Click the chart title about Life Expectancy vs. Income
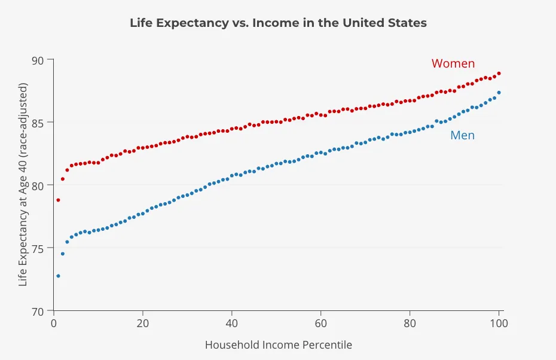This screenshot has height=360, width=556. (278, 23)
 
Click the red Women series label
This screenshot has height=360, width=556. (453, 63)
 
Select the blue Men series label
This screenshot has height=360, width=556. (462, 135)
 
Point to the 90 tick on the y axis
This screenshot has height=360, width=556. (39, 60)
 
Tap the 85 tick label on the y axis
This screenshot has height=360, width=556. (39, 123)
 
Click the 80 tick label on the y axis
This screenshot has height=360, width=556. (39, 185)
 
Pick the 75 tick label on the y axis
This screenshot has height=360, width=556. (39, 248)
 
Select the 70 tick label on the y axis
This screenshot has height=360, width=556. (39, 311)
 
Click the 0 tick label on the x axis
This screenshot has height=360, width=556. (54, 324)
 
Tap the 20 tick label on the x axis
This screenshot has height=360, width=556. (143, 324)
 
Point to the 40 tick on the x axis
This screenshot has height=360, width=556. (232, 324)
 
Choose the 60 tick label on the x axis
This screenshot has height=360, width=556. (321, 324)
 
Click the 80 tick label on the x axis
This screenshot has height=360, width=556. (410, 324)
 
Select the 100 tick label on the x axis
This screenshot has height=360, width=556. (499, 324)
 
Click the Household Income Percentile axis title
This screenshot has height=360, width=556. (278, 345)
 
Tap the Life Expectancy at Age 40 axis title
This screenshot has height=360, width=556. (23, 185)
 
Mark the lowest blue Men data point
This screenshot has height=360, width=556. (58, 276)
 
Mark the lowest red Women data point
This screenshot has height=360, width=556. (58, 200)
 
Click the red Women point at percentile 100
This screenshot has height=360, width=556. (499, 74)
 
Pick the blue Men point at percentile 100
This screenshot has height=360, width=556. (499, 93)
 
